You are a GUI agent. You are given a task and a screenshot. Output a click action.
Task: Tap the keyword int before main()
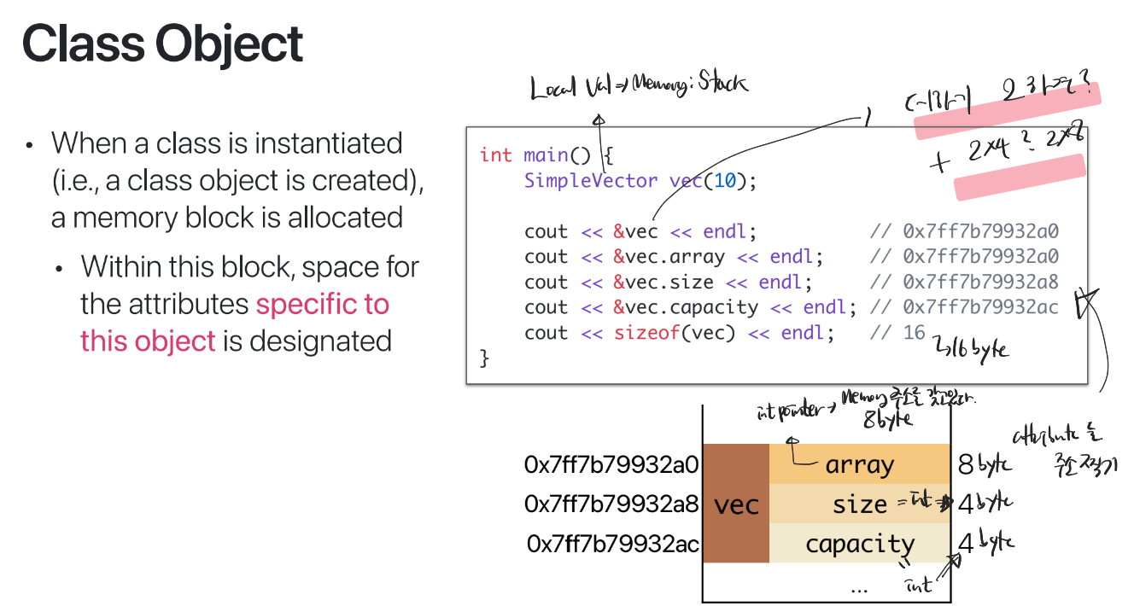495,154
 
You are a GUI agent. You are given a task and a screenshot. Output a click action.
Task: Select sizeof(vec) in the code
675,333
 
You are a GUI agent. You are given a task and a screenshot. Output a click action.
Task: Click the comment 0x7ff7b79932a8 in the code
980,283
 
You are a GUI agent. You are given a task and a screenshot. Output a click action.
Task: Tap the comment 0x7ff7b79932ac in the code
980,307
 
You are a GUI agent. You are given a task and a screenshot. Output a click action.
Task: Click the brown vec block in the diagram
736,504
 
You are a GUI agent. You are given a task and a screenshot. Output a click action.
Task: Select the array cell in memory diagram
859,465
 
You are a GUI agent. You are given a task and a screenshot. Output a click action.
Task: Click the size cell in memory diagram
859,504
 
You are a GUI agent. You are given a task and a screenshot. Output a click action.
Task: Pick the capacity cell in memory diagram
859,544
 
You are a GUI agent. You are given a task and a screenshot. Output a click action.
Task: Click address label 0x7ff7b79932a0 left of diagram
611,465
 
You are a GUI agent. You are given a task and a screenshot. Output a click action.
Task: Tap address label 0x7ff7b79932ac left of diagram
613,544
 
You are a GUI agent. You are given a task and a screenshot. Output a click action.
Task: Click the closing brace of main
485,358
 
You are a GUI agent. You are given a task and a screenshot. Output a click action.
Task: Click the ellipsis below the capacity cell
859,588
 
